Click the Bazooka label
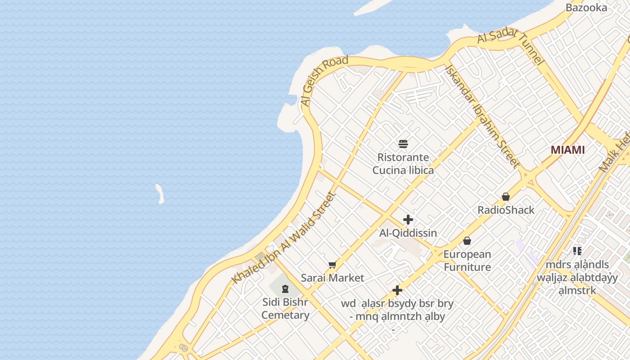586,8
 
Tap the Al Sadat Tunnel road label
510,45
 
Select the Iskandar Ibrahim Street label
482,116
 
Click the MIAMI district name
568,150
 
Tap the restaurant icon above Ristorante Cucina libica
403,144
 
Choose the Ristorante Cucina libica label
403,164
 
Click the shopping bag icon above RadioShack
506,197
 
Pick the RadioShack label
506,210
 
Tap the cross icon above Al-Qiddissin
408,220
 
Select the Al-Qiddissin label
408,233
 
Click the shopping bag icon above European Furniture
467,241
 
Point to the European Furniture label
467,261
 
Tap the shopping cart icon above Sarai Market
333,265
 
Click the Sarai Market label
333,278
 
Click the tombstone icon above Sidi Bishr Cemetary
285,288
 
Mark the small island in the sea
160,193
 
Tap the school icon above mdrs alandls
577,251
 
